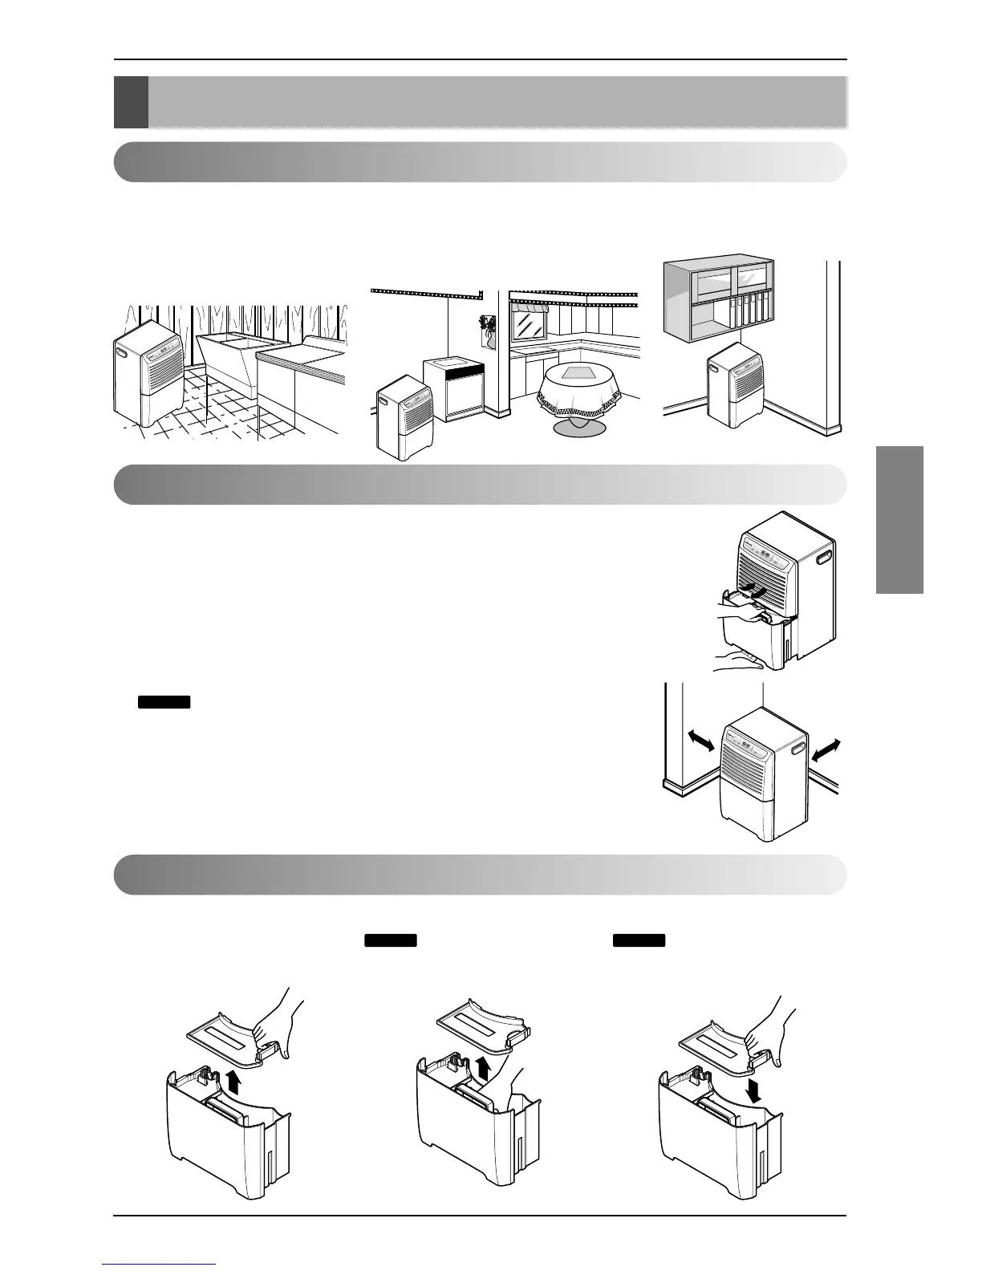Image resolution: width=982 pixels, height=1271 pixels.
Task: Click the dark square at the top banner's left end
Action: (x=131, y=102)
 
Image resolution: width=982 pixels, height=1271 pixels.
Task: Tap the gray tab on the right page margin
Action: (x=899, y=519)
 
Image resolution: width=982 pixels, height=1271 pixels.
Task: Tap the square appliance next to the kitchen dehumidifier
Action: (x=454, y=389)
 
